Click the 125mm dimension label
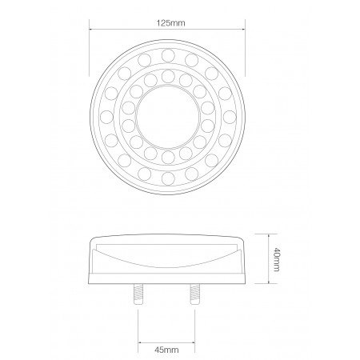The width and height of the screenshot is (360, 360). (170, 23)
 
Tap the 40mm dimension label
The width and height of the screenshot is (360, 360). (278, 259)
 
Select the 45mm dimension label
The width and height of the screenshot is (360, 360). (166, 350)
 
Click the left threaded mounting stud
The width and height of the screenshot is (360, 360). (138, 294)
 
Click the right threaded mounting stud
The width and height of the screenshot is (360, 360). (195, 294)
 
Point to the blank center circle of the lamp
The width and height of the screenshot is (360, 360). (168, 117)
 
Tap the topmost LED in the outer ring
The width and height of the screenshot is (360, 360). (168, 56)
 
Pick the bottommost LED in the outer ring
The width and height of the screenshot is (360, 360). (168, 178)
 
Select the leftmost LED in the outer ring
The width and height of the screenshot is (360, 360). (107, 117)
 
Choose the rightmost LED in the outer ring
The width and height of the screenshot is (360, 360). (230, 117)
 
